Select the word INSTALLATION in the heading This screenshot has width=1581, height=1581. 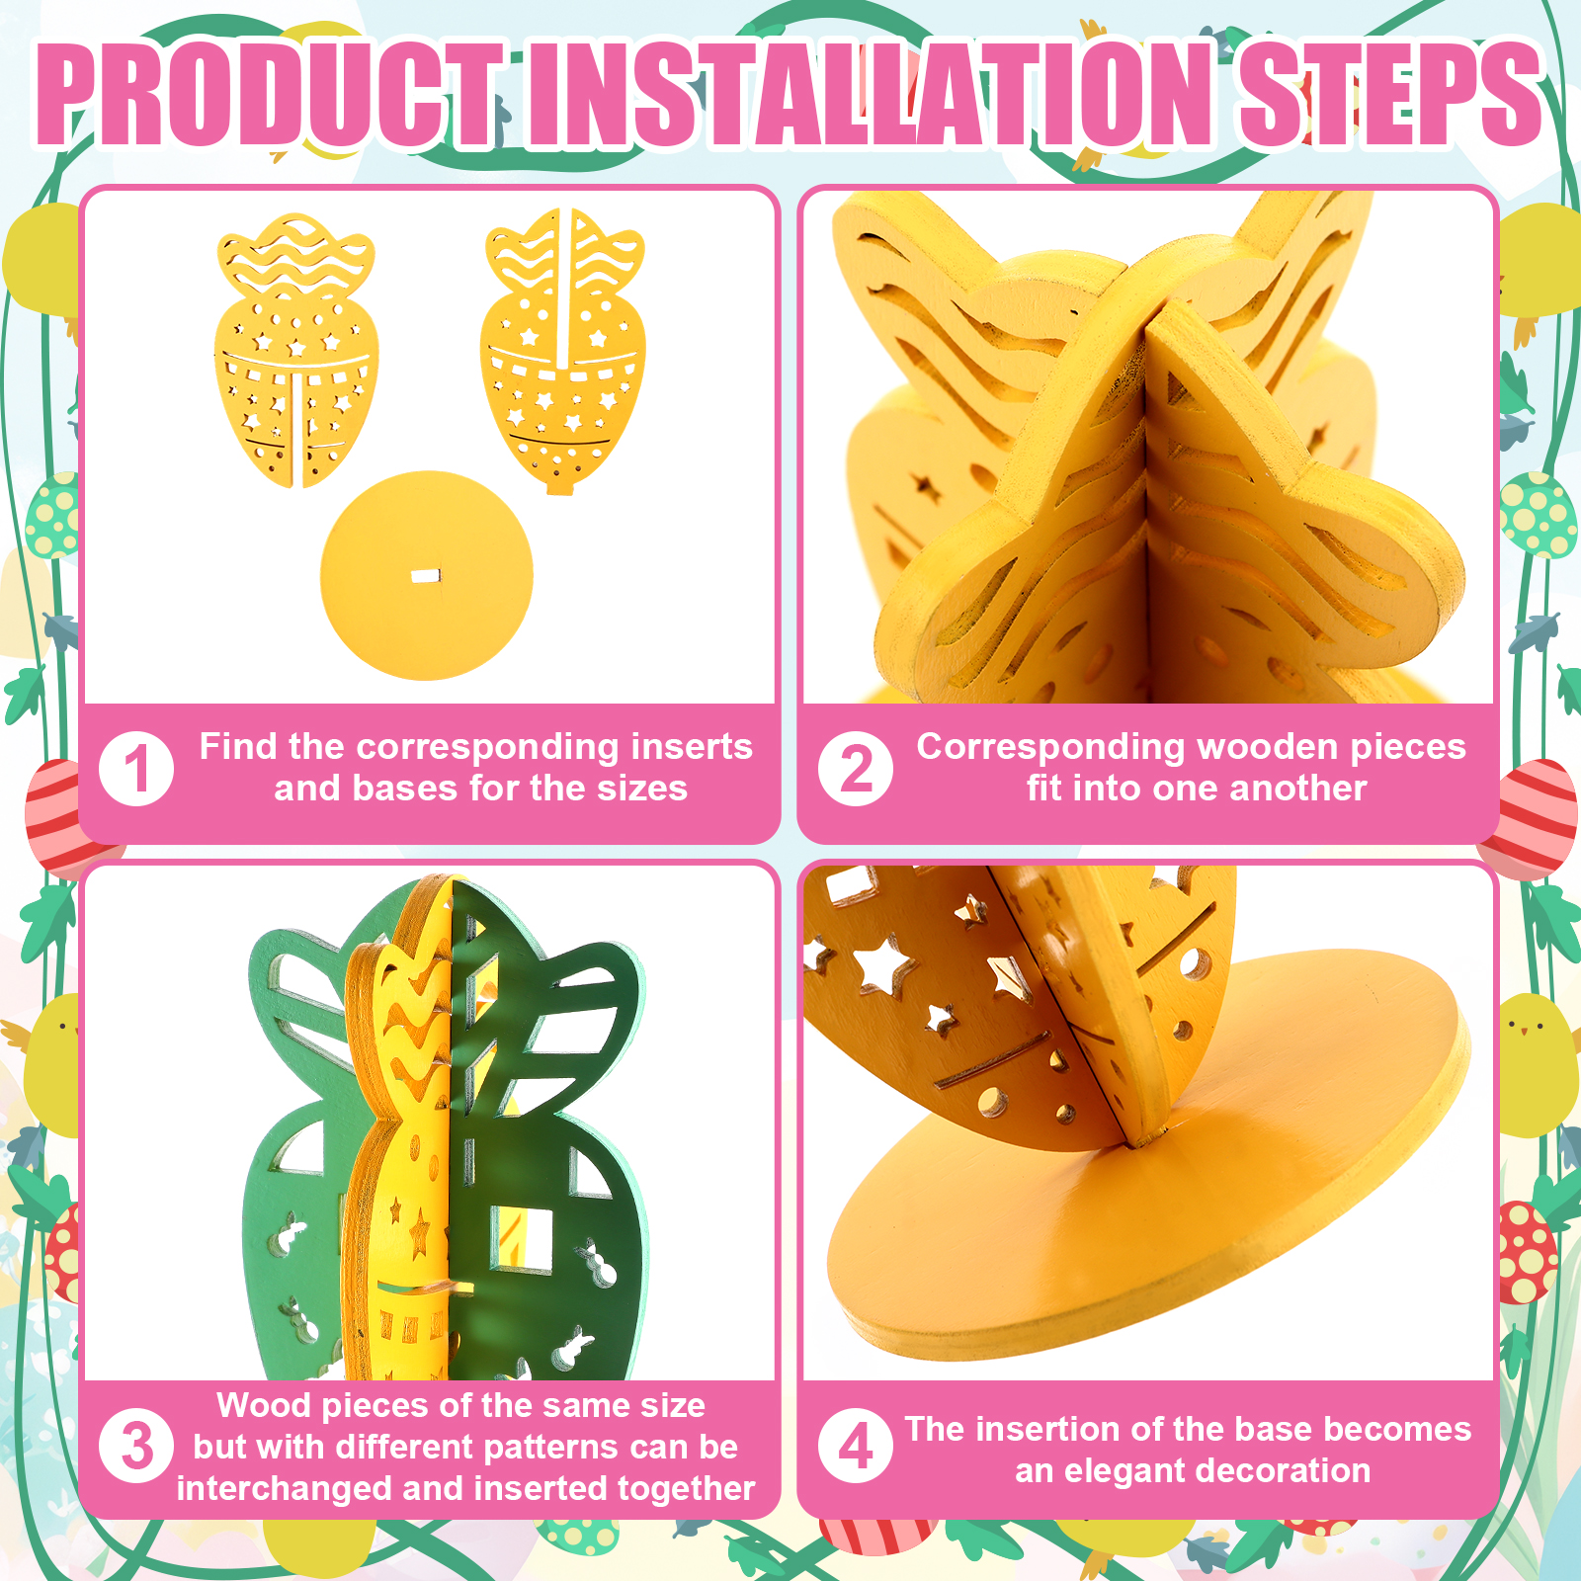coord(870,94)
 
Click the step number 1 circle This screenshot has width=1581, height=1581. coord(136,769)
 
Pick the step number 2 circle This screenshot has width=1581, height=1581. coord(856,769)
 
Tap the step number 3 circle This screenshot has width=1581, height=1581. coord(136,1446)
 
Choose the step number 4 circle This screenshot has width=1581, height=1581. coord(856,1446)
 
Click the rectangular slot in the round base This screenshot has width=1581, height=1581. coord(426,576)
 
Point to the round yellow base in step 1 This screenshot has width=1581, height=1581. coord(426,575)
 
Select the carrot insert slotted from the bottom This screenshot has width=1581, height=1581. coord(296,351)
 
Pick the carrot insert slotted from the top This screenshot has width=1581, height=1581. coord(563,351)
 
